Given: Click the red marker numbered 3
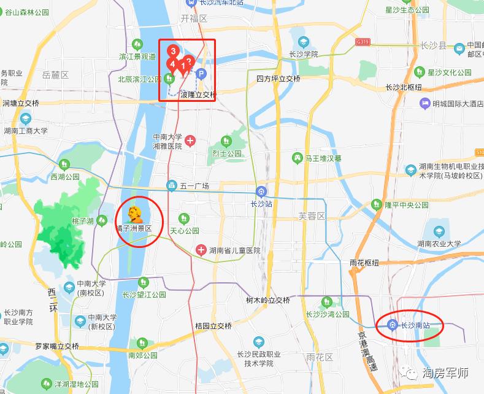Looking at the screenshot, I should coord(174,52).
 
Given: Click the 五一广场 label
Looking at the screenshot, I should coord(195,186).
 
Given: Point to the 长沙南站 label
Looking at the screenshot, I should coord(414,325).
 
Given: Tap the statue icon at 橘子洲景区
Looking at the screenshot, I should coord(134,215).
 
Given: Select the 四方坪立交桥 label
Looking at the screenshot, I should coord(278,79).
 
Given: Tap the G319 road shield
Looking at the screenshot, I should coord(363,42).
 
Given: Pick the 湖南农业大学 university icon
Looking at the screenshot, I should coord(439,231).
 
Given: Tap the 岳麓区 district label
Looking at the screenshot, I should coord(56,75).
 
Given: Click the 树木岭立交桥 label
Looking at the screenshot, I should coord(267,301).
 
